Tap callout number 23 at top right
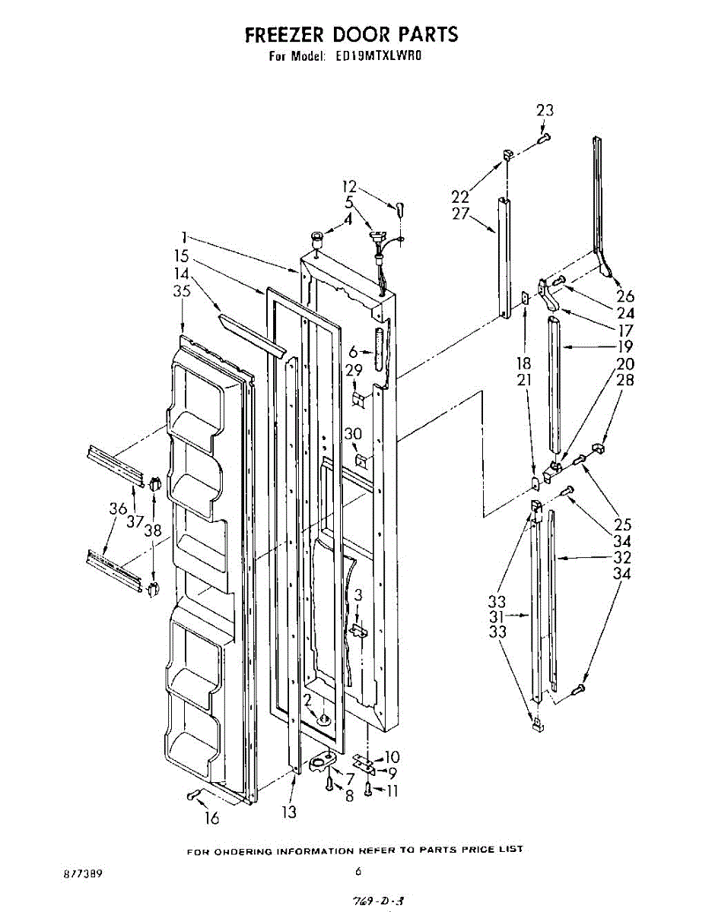(545, 111)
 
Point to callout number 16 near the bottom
(211, 818)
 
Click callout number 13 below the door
(289, 812)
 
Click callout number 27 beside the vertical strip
(461, 214)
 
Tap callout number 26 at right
(625, 296)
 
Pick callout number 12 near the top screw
(349, 186)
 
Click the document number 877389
(84, 874)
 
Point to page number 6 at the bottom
(357, 872)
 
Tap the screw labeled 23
(544, 138)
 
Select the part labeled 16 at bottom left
(192, 795)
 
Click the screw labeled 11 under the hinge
(367, 791)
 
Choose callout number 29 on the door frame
(353, 370)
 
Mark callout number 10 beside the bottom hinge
(392, 757)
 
